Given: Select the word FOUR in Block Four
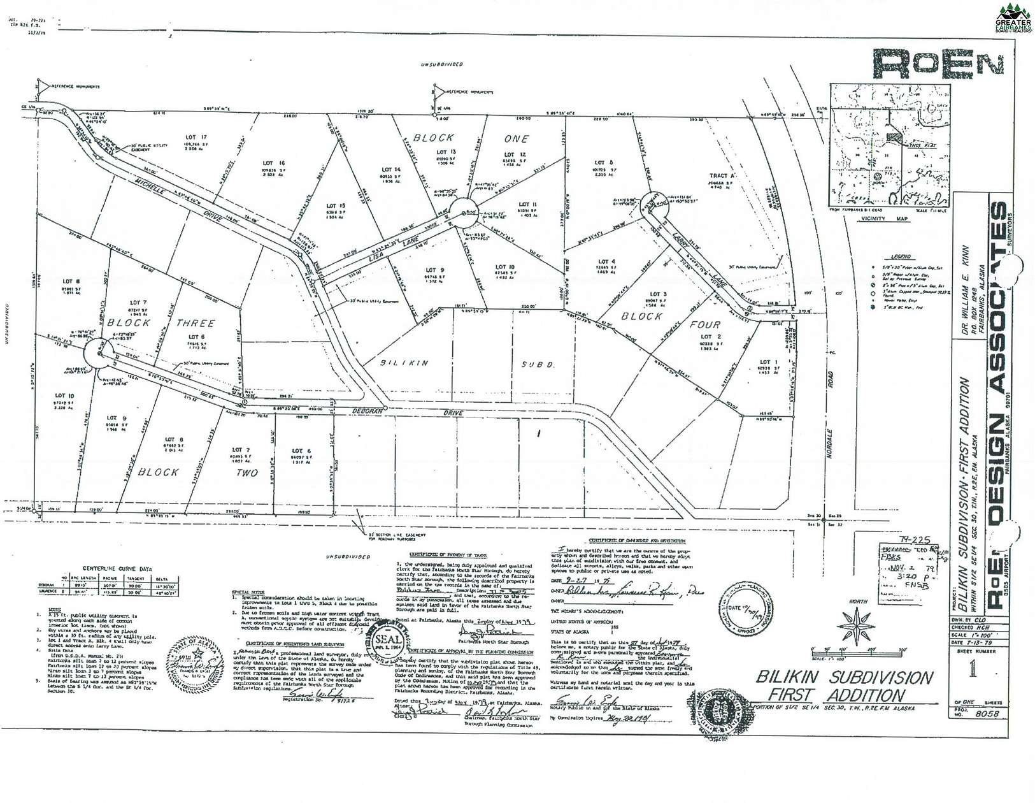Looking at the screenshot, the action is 704,324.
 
